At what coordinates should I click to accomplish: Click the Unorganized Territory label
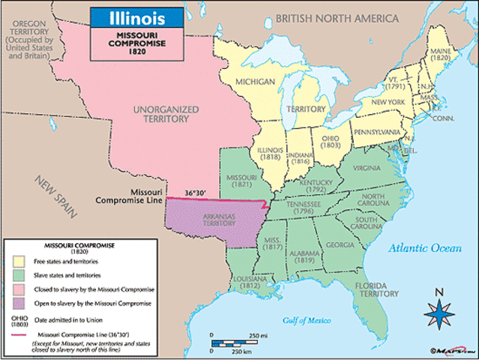click(166, 113)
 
